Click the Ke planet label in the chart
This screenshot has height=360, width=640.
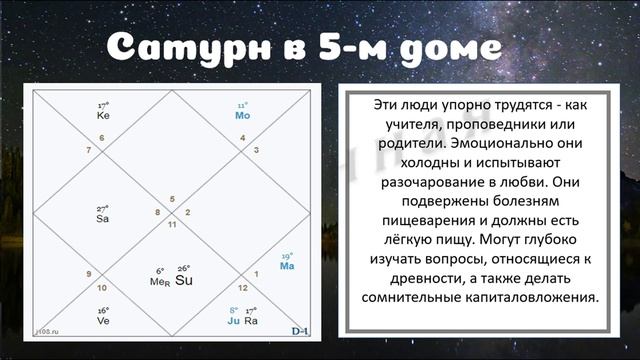(103, 115)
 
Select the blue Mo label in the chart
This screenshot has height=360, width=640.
(242, 115)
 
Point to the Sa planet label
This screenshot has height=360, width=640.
(102, 218)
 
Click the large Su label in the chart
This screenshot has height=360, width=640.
(184, 280)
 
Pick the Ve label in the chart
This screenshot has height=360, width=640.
(103, 321)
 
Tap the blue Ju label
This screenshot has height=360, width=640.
(233, 321)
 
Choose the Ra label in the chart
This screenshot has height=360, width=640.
(252, 321)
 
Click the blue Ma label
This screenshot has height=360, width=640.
(287, 266)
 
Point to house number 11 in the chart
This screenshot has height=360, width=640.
(172, 224)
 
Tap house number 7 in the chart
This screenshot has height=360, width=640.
(89, 151)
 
